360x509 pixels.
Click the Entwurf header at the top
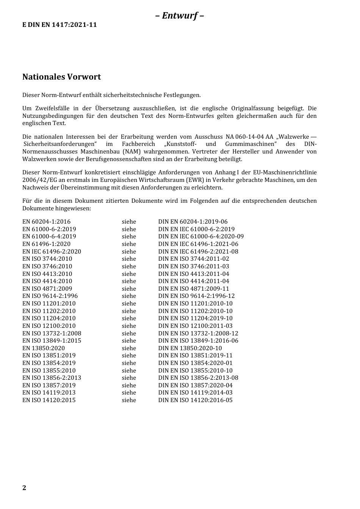tap(180, 16)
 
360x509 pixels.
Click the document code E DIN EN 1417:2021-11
tap(59, 25)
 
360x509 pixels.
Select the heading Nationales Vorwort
tap(61, 77)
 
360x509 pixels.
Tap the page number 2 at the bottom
tap(24, 488)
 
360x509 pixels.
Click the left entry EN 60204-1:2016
tap(46, 222)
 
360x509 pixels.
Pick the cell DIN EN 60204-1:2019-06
tap(193, 222)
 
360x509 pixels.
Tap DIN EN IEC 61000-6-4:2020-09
tap(201, 236)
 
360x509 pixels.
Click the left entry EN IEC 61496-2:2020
tap(52, 252)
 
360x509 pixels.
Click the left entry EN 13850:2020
tap(43, 348)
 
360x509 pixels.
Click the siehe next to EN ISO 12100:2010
tap(129, 326)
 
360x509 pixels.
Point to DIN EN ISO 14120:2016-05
tap(195, 400)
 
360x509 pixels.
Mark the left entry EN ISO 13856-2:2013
tap(52, 378)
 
